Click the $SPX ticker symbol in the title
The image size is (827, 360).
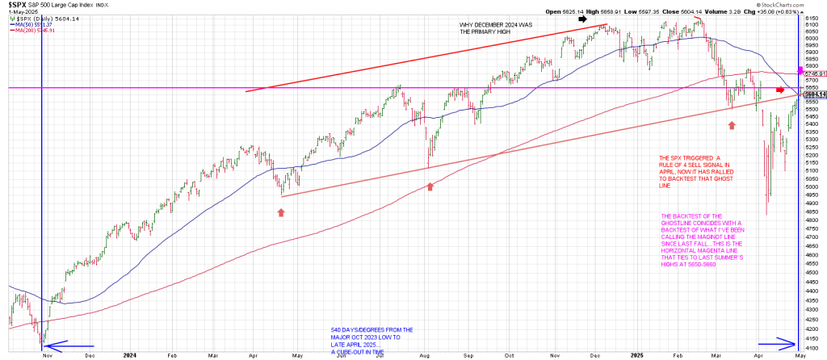pyautogui.click(x=16, y=5)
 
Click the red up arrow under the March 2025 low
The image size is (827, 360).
pyautogui.click(x=731, y=125)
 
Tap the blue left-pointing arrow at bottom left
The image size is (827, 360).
pyautogui.click(x=62, y=347)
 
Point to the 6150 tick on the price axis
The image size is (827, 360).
pyautogui.click(x=814, y=17)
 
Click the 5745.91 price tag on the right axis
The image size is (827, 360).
pyautogui.click(x=814, y=73)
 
